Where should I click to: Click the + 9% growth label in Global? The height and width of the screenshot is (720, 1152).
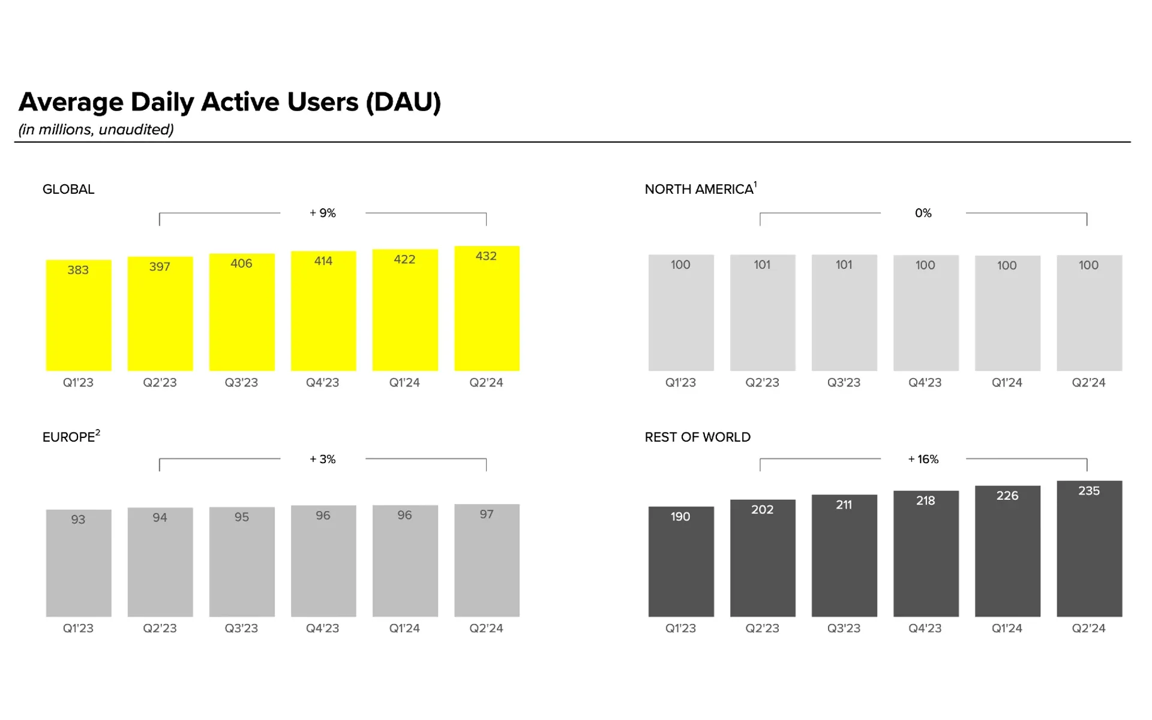click(x=323, y=213)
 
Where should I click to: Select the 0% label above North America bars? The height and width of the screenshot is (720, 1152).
click(x=923, y=213)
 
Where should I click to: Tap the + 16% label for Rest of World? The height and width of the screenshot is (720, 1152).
click(x=923, y=459)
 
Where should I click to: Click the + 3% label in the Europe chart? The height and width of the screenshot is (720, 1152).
click(x=323, y=459)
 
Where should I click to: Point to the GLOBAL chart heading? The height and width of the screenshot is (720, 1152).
click(x=68, y=190)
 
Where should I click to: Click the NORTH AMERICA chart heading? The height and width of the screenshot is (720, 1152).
click(x=699, y=190)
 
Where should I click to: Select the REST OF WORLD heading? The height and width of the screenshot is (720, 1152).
click(x=697, y=437)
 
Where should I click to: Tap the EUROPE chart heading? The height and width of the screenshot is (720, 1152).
click(x=68, y=437)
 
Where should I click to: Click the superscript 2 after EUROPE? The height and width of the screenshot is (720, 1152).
click(x=98, y=433)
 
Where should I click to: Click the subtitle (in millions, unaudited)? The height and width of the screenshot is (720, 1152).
click(x=96, y=130)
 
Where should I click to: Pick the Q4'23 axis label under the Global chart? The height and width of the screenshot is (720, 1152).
click(x=323, y=383)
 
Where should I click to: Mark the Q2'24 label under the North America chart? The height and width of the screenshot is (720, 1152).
click(x=1088, y=383)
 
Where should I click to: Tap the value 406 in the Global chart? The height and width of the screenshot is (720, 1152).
click(x=241, y=263)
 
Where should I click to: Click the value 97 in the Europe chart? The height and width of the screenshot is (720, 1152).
click(x=487, y=514)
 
